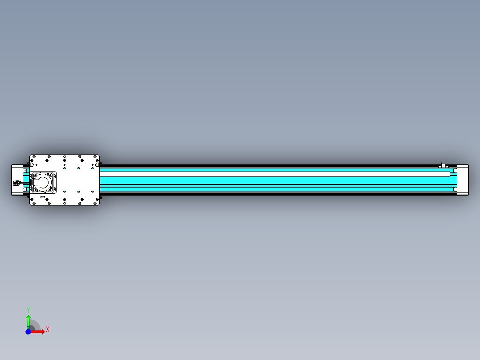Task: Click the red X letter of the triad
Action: coord(48,329)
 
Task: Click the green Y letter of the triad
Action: coord(28,309)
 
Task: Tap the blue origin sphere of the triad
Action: coord(28,331)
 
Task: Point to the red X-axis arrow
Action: coord(39,331)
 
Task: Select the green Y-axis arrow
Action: coord(28,320)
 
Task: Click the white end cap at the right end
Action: coord(463,180)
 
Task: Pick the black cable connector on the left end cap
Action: coord(17,183)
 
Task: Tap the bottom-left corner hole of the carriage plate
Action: coord(33,203)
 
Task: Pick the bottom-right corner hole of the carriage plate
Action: coord(97,203)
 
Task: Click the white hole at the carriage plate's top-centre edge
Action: coord(65,156)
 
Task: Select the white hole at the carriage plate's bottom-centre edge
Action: coord(65,203)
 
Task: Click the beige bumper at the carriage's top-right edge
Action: coord(97,164)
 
